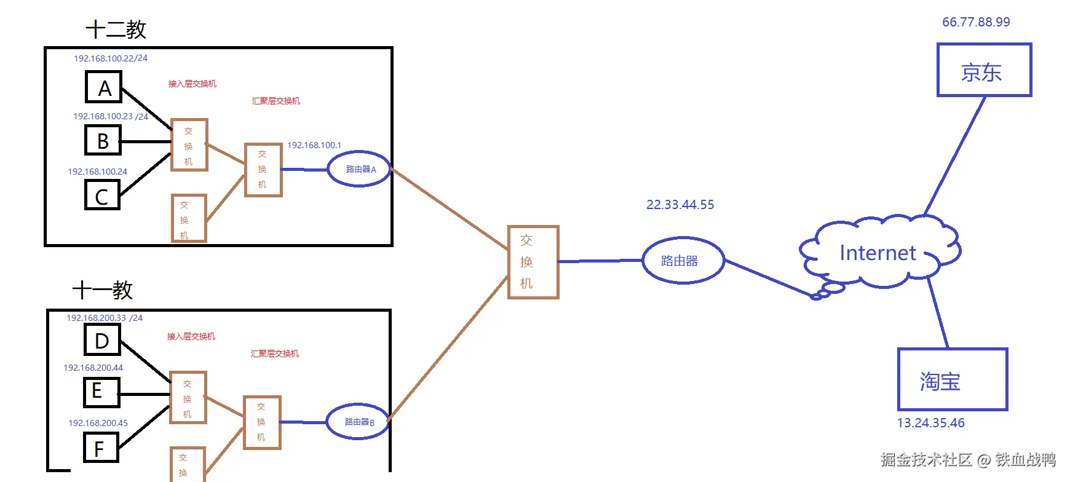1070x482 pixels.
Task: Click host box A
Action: pos(103,87)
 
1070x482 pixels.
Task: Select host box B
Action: pos(103,141)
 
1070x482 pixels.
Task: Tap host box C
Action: pos(102,196)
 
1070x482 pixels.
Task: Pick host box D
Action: pos(102,340)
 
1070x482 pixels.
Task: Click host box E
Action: pos(101,392)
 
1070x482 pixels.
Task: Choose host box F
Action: pos(101,448)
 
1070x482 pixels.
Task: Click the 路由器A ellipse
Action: pos(360,169)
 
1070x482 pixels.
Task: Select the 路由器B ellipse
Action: pos(358,422)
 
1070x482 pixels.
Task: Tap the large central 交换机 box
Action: pos(533,262)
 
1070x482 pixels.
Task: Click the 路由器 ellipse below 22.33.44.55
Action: pos(683,261)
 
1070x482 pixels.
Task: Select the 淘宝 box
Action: pos(952,380)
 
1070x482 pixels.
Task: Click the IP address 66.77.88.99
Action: pos(976,22)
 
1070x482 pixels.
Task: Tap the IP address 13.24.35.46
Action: pos(930,423)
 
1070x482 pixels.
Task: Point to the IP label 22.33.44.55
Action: pos(680,205)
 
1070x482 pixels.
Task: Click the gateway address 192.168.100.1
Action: pos(314,145)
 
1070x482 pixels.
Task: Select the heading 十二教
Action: pos(116,30)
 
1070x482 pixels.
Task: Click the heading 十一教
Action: pos(102,290)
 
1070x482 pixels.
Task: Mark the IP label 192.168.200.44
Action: pos(93,368)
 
